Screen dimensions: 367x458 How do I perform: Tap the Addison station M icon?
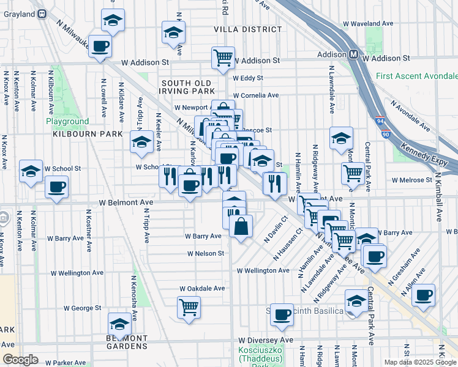tap(354, 54)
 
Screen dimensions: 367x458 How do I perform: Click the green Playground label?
tap(67, 121)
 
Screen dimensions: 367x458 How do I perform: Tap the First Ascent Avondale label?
tap(417, 76)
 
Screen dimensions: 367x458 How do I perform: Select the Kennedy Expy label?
tap(427, 149)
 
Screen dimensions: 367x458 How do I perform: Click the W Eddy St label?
tap(247, 78)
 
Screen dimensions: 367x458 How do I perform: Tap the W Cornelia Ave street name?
tap(255, 95)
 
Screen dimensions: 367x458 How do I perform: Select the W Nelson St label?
tap(205, 253)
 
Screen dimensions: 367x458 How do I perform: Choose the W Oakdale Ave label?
tap(202, 288)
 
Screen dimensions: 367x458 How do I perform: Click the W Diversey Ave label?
tap(266, 340)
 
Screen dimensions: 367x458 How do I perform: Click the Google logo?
tap(20, 360)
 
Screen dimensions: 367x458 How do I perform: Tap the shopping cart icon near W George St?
tap(189, 306)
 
